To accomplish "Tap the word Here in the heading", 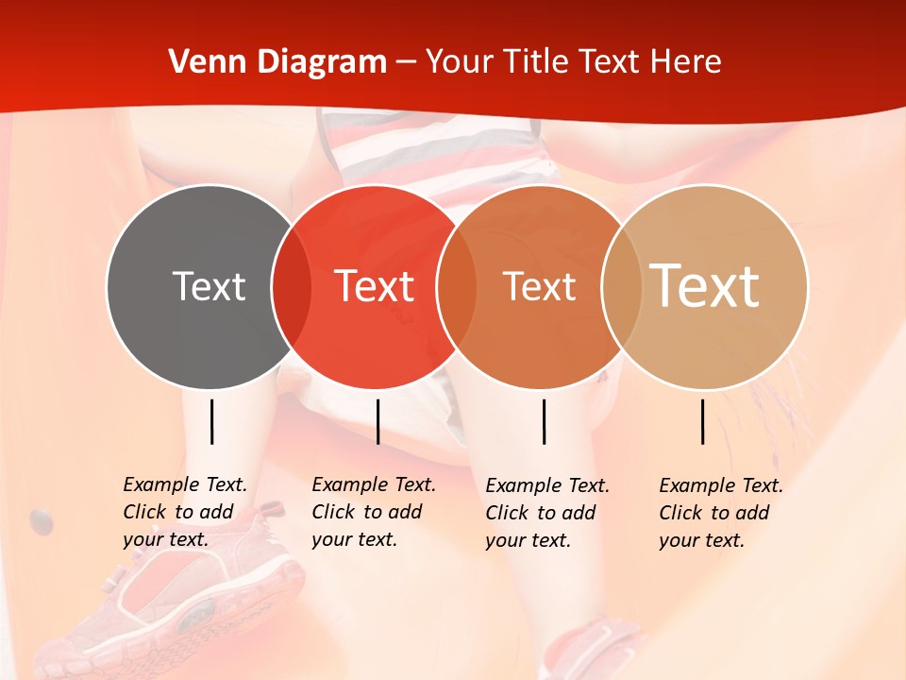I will (685, 62).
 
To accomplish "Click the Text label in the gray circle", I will (209, 286).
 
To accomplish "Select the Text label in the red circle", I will (375, 286).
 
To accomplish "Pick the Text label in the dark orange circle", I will (540, 286).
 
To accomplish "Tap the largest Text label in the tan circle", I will (705, 286).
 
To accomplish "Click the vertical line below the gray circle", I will (211, 421).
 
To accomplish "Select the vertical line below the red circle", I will (377, 421).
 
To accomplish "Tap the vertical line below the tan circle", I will (702, 421).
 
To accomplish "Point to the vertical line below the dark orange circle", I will (544, 421).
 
